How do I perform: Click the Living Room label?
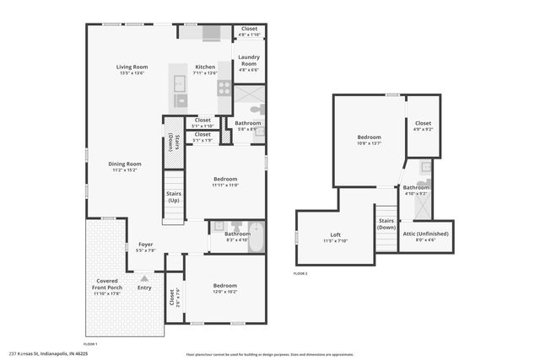tap(132, 67)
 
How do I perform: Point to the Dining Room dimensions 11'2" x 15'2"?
tap(124, 170)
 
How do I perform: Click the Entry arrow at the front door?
tap(144, 277)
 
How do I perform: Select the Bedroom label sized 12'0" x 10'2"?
tap(224, 286)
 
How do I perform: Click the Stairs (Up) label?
tap(173, 198)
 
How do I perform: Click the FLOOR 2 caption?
tap(300, 274)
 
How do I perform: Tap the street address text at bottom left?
tap(48, 354)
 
